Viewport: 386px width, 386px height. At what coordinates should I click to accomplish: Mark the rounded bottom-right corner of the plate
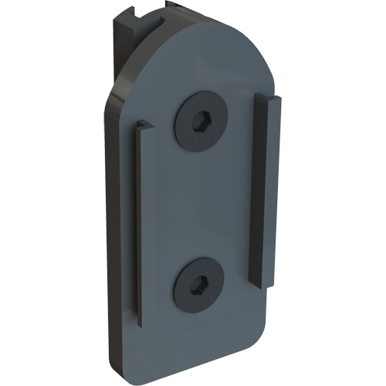[259, 351]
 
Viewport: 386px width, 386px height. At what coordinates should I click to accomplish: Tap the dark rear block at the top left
[124, 46]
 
